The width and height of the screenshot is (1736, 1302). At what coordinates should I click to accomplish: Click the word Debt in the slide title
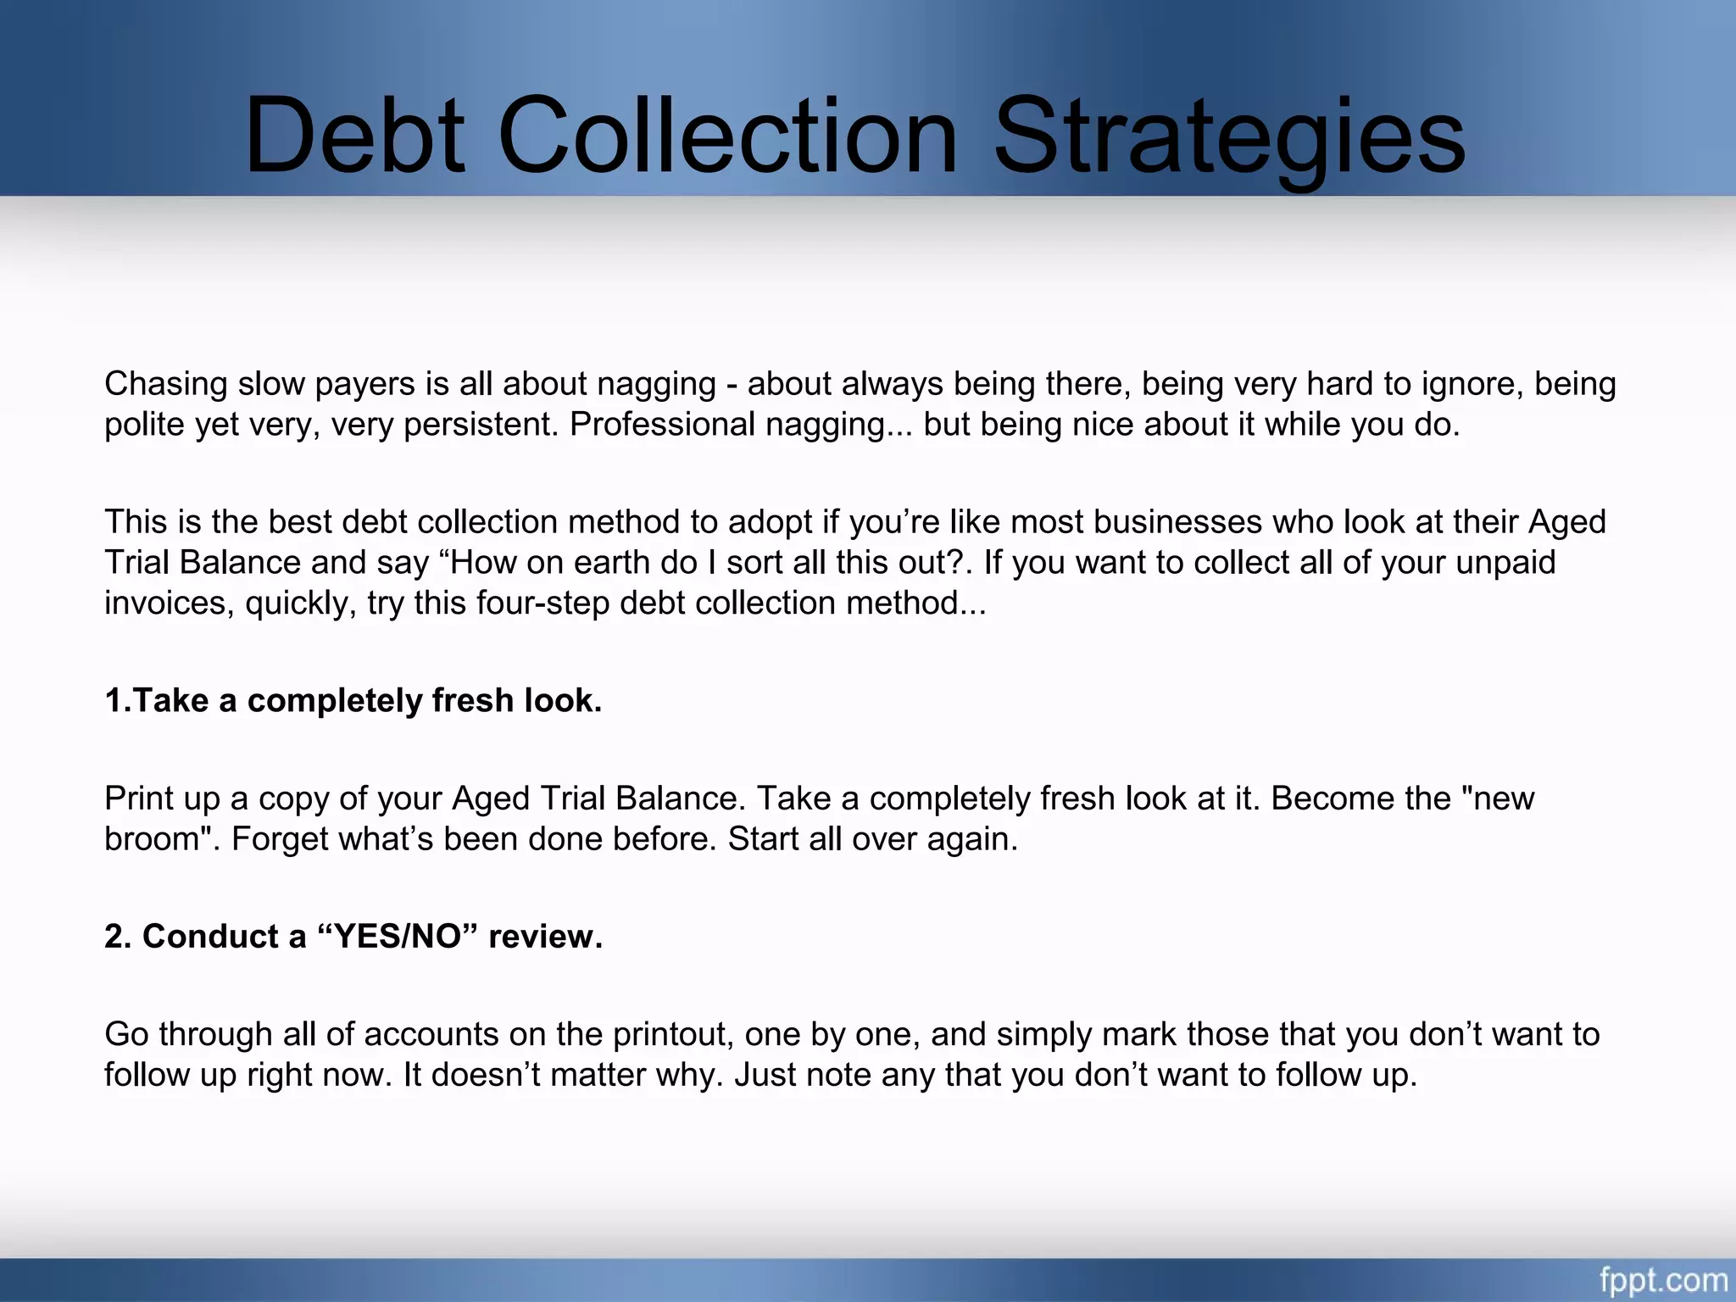click(x=354, y=136)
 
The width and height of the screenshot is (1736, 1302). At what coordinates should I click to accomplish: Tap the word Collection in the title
click(x=728, y=136)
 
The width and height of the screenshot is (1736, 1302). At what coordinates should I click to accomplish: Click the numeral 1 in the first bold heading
click(x=114, y=701)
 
